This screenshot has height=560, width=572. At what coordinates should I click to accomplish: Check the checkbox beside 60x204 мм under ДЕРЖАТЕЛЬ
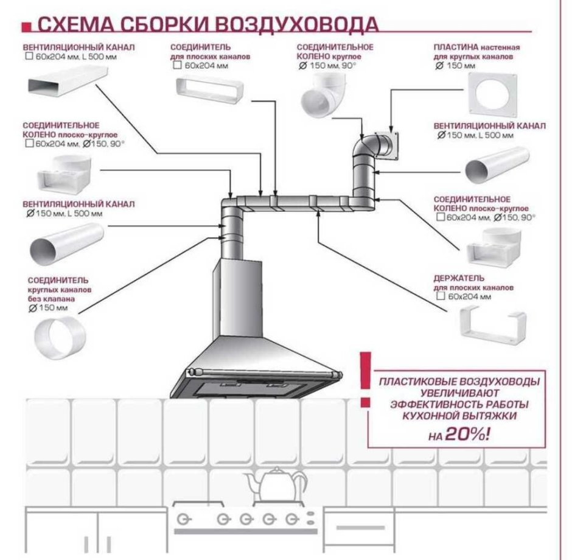click(x=440, y=296)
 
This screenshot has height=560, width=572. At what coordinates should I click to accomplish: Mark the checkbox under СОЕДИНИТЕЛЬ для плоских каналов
click(x=177, y=65)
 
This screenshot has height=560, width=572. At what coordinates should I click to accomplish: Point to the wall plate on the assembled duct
click(x=388, y=143)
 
